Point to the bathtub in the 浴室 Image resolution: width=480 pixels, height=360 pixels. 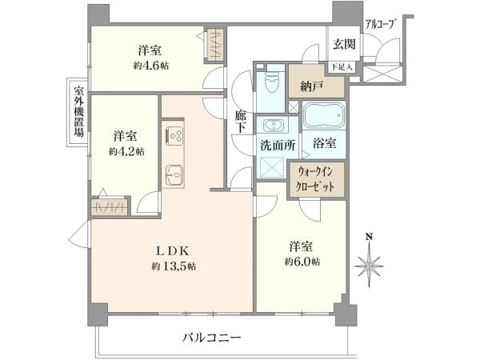coord(325,119)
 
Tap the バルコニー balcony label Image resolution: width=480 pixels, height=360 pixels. coord(212,338)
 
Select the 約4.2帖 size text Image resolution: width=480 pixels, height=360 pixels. coord(128,150)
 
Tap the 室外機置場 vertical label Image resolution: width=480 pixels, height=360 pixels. coord(78,111)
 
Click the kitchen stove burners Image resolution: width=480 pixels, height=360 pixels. coord(175,135)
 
